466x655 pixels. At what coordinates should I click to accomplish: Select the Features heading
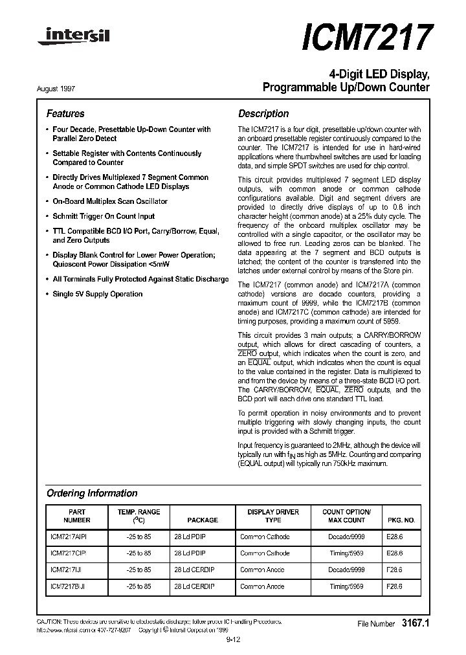click(65, 113)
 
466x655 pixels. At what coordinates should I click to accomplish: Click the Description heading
click(263, 113)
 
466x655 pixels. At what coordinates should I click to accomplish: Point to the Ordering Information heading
click(92, 493)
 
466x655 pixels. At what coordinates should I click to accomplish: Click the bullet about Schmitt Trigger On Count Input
click(104, 216)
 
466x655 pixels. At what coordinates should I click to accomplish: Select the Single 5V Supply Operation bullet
click(97, 294)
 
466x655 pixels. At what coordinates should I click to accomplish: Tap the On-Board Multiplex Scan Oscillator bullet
click(109, 201)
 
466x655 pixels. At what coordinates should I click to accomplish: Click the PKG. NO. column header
click(401, 520)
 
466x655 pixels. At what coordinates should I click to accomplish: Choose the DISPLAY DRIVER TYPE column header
click(273, 516)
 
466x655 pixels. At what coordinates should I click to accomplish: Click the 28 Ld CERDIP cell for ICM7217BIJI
click(194, 586)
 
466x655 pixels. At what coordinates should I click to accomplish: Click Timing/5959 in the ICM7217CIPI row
click(346, 553)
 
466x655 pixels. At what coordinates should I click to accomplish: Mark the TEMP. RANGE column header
click(139, 516)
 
